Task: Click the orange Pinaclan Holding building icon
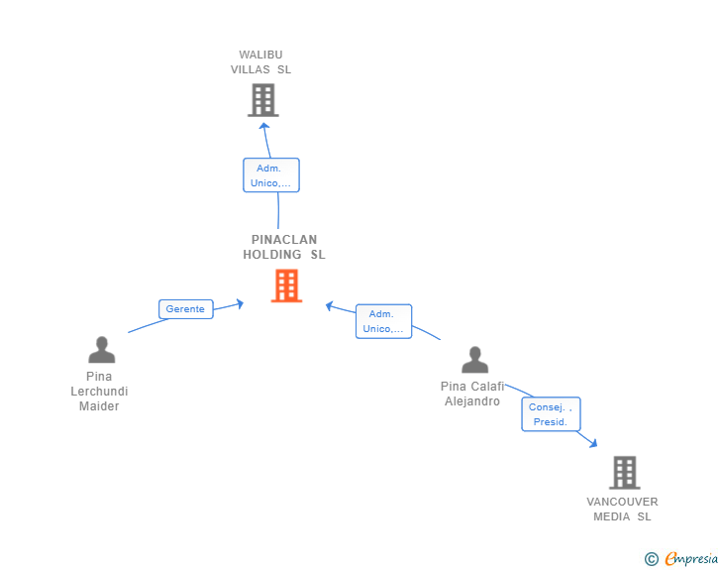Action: pos(286,285)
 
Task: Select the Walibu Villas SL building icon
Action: pos(263,100)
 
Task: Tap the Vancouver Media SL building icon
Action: pos(625,473)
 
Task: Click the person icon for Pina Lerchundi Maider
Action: pos(102,350)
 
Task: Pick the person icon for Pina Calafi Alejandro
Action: pos(475,360)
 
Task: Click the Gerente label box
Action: pos(186,309)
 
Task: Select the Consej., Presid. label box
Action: pos(551,414)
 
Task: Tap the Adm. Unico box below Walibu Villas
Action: pos(271,174)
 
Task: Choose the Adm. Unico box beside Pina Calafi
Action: pos(383,321)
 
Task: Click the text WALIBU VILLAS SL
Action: pos(260,62)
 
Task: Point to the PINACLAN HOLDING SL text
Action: pos(284,247)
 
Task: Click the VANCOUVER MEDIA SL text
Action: pos(622,510)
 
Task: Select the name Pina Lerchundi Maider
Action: pos(99,392)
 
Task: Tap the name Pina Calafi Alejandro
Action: pos(472,394)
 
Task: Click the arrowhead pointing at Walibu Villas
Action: pos(263,126)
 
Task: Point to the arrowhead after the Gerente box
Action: pos(240,304)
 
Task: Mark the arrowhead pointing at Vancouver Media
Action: pos(593,443)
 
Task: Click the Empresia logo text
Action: pos(691,558)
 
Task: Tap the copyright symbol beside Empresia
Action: pos(652,559)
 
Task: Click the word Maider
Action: pos(99,406)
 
